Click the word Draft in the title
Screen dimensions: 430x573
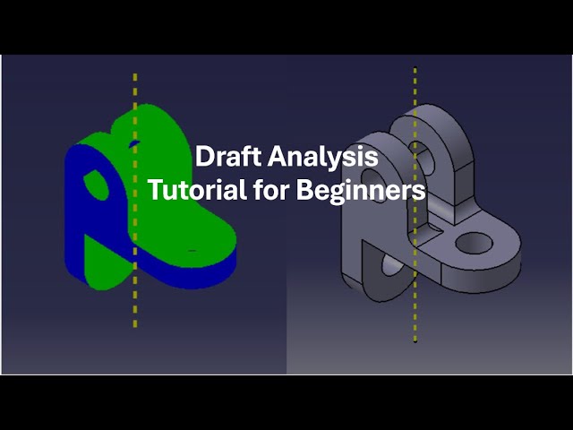[224, 157]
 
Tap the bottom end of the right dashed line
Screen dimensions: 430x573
[415, 340]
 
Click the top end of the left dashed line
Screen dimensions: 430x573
[135, 75]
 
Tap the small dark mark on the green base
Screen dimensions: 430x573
[192, 250]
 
